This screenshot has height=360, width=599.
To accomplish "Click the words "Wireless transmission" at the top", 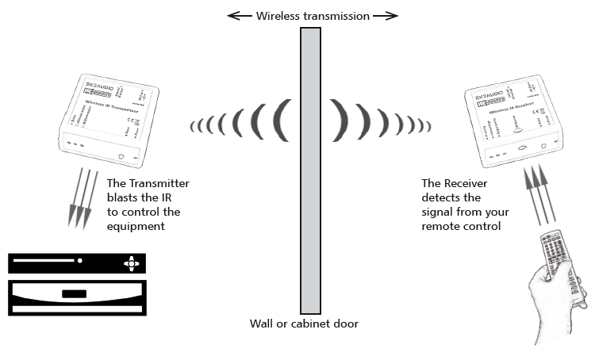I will pyautogui.click(x=312, y=16).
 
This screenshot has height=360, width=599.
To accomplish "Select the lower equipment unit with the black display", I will pyautogui.click(x=78, y=294).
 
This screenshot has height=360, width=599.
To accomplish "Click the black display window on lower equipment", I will pyautogui.click(x=75, y=294).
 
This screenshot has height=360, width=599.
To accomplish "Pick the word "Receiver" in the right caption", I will pyautogui.click(x=468, y=183).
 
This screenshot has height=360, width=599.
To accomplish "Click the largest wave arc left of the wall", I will pyautogui.click(x=279, y=124).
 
